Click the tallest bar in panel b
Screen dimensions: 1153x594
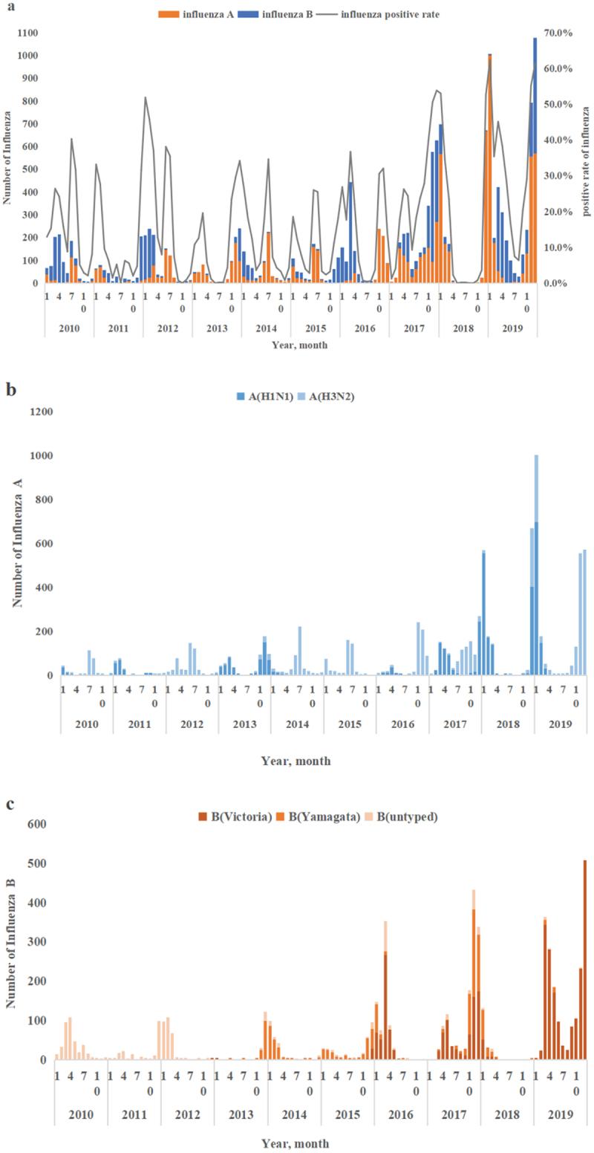tap(536, 565)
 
